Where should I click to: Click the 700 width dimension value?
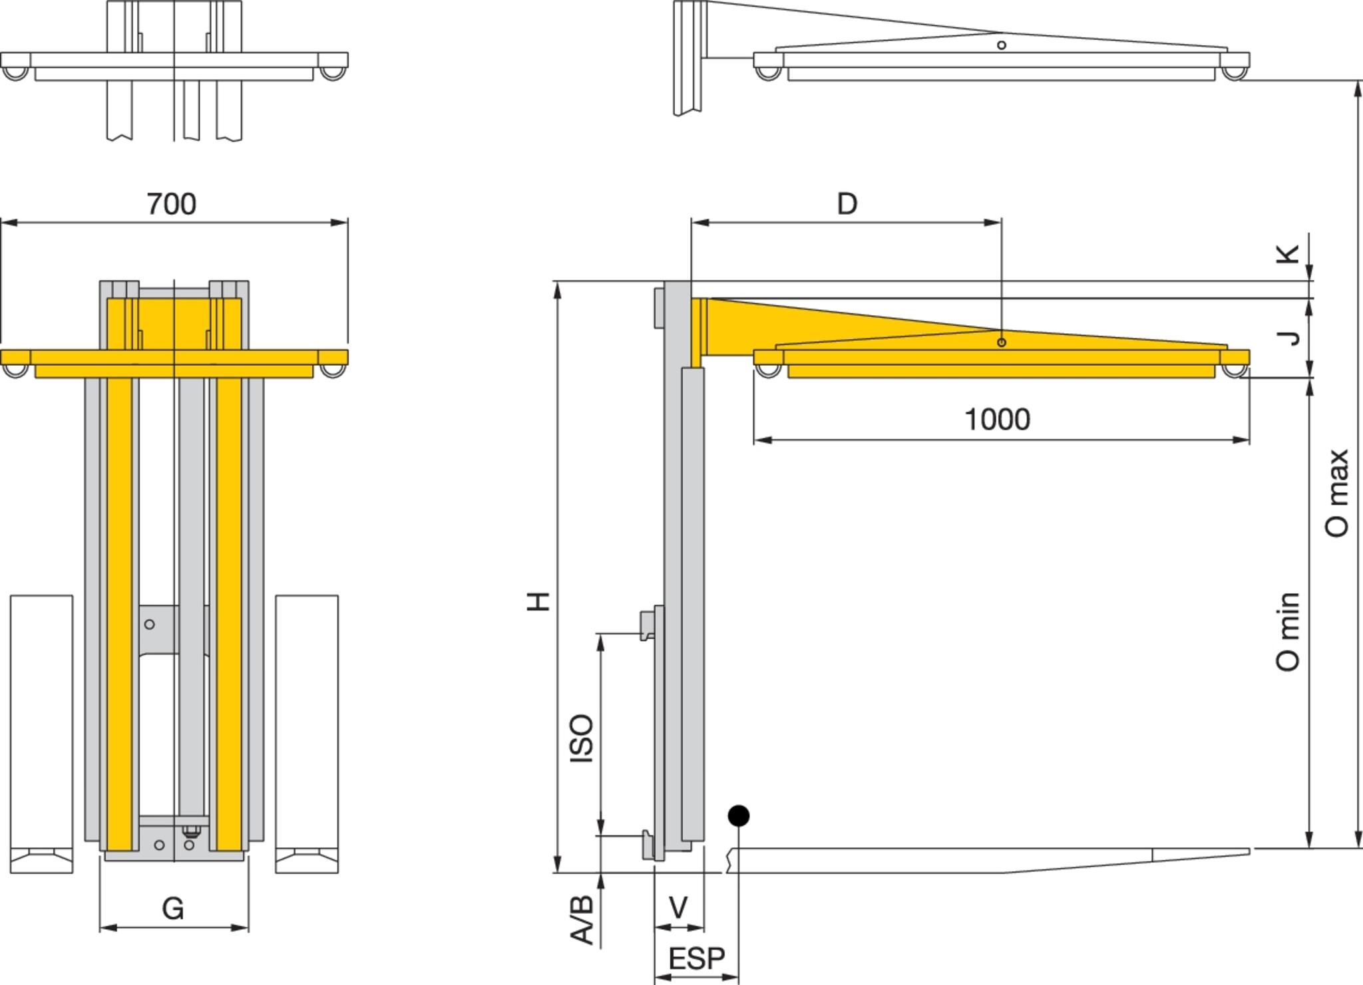[x=172, y=204]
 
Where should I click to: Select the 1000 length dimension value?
[x=997, y=420]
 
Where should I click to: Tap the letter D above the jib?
[x=847, y=204]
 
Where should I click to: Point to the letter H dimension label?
[x=538, y=601]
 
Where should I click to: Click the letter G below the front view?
[x=173, y=909]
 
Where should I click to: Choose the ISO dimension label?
[x=582, y=738]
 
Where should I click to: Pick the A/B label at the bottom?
[x=582, y=920]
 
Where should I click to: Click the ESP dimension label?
[x=696, y=959]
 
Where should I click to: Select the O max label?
[x=1336, y=493]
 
